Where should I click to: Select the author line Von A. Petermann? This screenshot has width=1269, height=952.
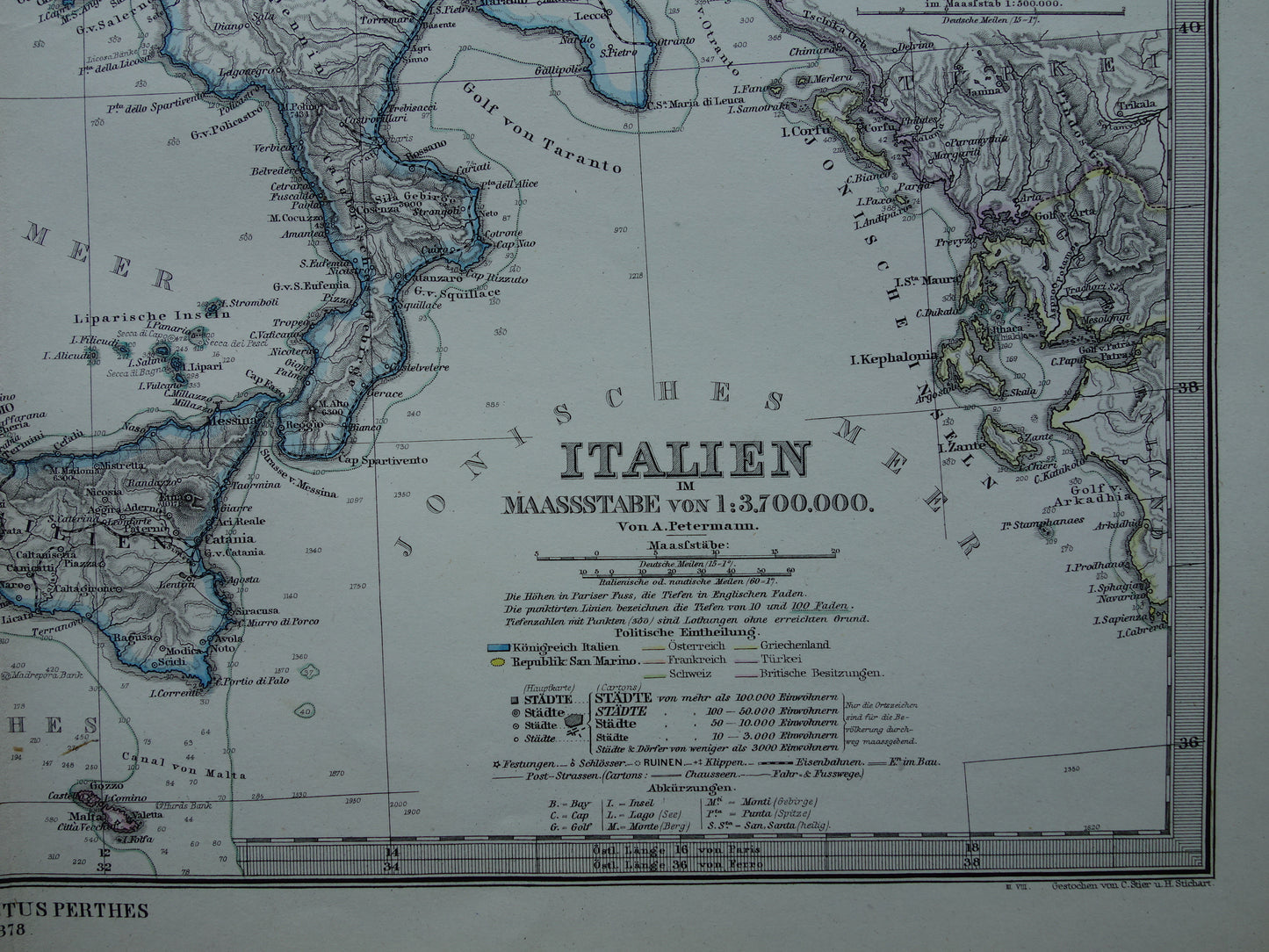[686, 527]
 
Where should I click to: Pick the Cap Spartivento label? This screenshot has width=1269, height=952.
[383, 459]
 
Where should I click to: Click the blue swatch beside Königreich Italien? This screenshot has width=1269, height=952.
[499, 646]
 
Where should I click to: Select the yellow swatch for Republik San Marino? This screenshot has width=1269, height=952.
[497, 660]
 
